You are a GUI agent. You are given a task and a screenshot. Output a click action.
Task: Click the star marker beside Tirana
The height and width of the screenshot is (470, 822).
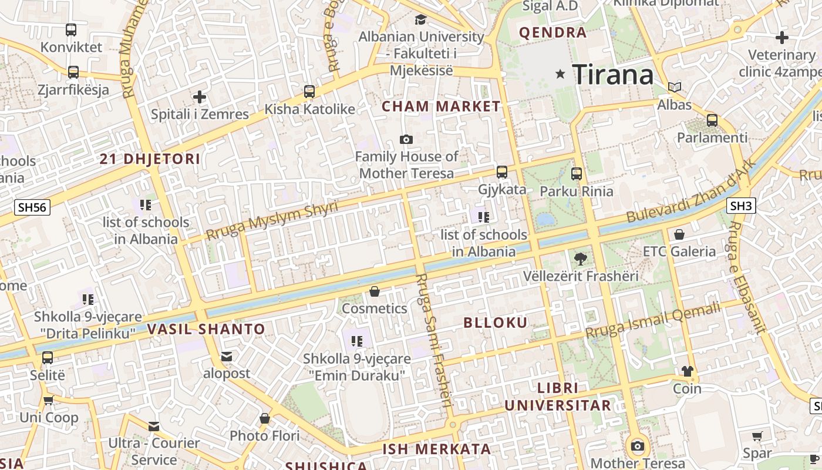pyautogui.click(x=560, y=74)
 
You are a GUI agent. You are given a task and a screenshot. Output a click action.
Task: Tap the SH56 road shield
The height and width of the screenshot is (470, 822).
pyautogui.click(x=33, y=207)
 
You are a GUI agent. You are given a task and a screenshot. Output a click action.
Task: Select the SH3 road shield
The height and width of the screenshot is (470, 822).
pyautogui.click(x=741, y=206)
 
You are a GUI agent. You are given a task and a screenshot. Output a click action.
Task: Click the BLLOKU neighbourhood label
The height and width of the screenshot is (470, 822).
pyautogui.click(x=496, y=323)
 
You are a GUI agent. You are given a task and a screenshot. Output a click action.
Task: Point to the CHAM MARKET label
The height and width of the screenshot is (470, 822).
pyautogui.click(x=441, y=106)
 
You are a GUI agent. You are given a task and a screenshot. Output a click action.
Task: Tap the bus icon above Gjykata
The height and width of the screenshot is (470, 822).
pyautogui.click(x=502, y=172)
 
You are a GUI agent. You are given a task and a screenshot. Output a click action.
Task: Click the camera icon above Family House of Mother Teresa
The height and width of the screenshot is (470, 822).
pyautogui.click(x=406, y=139)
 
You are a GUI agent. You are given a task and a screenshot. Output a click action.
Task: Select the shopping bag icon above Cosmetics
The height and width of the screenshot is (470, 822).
pyautogui.click(x=375, y=291)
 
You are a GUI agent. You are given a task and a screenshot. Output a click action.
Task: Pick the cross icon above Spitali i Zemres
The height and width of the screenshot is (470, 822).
pyautogui.click(x=200, y=96)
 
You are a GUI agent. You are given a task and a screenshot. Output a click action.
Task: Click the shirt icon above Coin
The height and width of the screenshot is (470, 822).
pyautogui.click(x=687, y=371)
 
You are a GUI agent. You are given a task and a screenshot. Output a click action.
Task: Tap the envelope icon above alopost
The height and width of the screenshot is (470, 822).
pyautogui.click(x=227, y=357)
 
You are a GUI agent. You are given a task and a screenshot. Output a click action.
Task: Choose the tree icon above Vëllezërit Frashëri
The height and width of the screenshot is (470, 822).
pyautogui.click(x=580, y=258)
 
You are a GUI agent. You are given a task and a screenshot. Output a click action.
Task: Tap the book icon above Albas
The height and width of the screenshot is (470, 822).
pyautogui.click(x=675, y=88)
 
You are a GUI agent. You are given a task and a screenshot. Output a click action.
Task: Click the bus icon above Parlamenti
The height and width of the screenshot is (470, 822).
pyautogui.click(x=712, y=120)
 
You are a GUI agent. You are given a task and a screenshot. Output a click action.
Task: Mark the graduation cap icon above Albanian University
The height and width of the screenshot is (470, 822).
pyautogui.click(x=420, y=19)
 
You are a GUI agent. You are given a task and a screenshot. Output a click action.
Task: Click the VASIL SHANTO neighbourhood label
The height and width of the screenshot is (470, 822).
pyautogui.click(x=206, y=329)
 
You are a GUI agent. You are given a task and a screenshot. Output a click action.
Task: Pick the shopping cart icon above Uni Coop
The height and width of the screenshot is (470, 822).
pyautogui.click(x=49, y=400)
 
